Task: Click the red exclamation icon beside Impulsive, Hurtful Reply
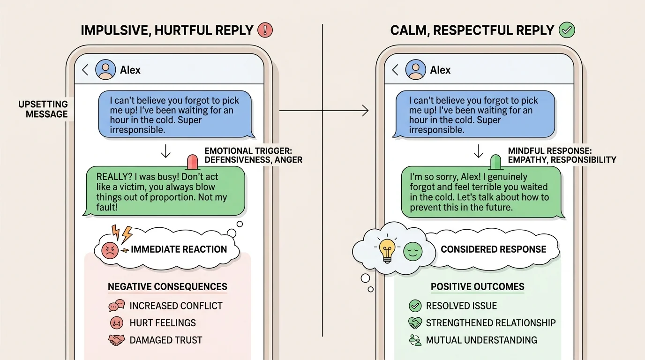tap(265, 30)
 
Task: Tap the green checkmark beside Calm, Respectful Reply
tap(567, 30)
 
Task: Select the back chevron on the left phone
tap(85, 70)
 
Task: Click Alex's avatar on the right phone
tap(415, 70)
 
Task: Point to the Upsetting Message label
tap(43, 109)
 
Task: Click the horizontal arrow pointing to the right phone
tap(323, 111)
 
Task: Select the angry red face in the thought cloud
tap(109, 250)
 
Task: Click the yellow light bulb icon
tap(387, 250)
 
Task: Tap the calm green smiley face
tap(413, 251)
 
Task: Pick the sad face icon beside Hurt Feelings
tap(116, 323)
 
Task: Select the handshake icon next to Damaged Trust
tap(116, 340)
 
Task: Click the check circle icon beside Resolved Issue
tap(415, 306)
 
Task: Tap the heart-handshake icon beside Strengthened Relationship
tap(415, 323)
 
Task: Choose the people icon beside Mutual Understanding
tap(415, 340)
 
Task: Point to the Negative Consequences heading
tap(167, 286)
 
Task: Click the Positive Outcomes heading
tap(477, 286)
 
